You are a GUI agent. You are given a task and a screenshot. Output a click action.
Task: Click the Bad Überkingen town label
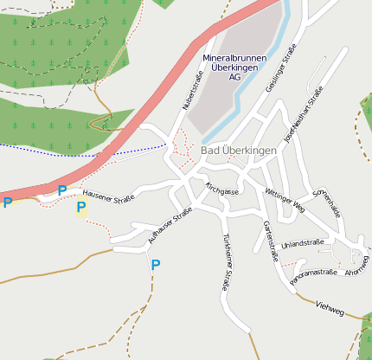click(238, 151)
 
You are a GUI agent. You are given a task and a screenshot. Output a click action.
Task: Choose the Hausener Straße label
click(109, 199)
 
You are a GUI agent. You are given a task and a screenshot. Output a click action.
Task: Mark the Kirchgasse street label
click(221, 189)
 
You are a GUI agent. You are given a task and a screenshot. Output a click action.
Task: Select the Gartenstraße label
click(269, 240)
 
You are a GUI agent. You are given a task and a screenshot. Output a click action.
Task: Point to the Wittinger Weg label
click(285, 202)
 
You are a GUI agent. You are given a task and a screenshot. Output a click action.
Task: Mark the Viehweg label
click(331, 305)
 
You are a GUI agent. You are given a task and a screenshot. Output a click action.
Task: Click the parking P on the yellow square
click(81, 207)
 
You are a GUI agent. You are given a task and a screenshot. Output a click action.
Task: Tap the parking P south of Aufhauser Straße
click(156, 265)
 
